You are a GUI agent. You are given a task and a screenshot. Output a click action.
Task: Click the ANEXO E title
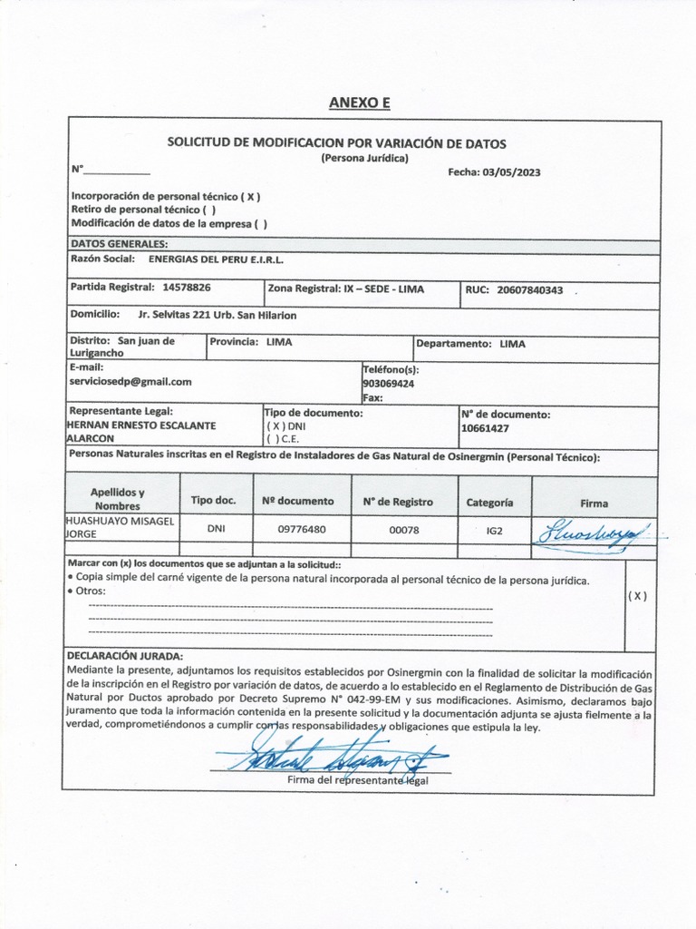tap(359, 103)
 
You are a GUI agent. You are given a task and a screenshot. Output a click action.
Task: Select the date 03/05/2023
tap(512, 172)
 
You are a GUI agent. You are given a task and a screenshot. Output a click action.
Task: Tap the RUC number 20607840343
tap(530, 290)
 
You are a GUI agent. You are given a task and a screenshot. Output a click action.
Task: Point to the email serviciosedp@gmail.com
tap(130, 383)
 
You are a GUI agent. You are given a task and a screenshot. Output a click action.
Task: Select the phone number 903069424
tap(389, 384)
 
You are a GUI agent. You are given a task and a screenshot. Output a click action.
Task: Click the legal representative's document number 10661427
tap(486, 427)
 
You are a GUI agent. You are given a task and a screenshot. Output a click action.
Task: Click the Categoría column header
tap(489, 502)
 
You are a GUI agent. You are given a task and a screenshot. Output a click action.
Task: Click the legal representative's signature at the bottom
tap(326, 756)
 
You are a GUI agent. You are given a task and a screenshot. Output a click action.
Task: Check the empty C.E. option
tap(272, 439)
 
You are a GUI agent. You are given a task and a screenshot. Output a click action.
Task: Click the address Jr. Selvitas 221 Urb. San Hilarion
tap(217, 316)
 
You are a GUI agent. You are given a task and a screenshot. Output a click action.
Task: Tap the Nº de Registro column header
tap(398, 502)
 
